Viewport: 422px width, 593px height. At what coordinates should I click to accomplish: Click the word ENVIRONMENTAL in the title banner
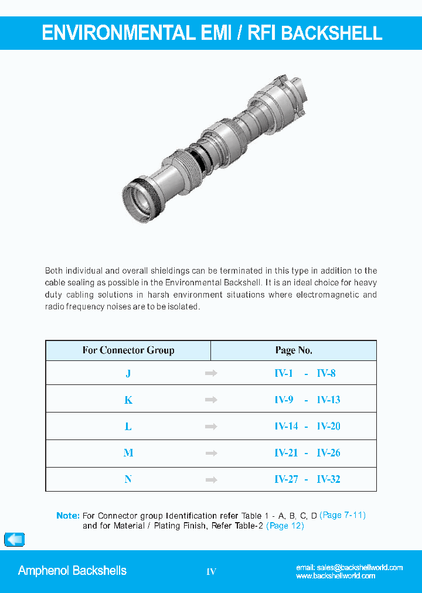point(118,33)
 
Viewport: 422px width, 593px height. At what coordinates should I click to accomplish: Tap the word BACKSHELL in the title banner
point(332,33)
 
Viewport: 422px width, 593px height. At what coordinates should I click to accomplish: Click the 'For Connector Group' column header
point(128,350)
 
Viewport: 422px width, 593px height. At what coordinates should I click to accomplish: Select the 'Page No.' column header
point(294,350)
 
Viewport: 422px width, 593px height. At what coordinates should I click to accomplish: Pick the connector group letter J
point(128,373)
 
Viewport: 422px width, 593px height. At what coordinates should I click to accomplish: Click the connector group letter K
point(128,400)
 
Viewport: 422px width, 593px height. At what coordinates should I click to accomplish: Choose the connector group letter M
point(128,453)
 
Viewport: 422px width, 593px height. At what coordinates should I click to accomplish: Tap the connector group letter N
point(128,479)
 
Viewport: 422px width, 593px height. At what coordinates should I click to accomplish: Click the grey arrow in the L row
point(211,427)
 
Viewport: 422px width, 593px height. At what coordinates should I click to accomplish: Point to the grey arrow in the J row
point(211,373)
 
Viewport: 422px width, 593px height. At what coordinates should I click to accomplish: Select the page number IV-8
point(326,373)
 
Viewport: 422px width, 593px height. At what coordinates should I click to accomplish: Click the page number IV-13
point(328,400)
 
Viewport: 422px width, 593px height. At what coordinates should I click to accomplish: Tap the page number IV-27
point(286,479)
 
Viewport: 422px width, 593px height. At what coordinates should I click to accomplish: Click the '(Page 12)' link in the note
point(285,526)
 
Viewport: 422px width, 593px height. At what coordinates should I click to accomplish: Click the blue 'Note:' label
point(68,516)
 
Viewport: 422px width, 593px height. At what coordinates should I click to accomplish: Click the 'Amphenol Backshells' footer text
point(72,571)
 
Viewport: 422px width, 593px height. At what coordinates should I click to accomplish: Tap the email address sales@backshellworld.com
point(349,567)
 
